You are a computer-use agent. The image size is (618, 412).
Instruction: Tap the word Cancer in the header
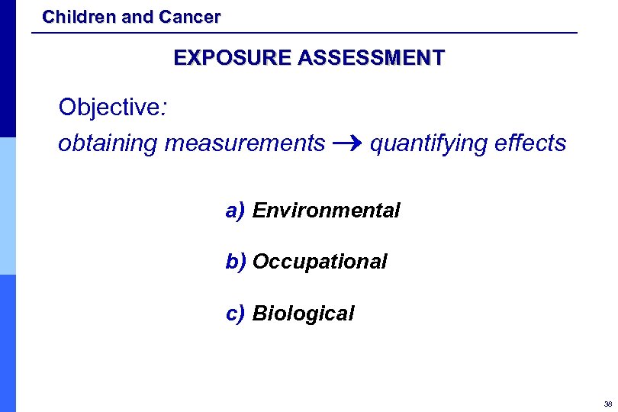[190, 16]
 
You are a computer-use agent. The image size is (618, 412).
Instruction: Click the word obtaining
[108, 143]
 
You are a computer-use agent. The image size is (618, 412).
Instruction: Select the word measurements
[245, 143]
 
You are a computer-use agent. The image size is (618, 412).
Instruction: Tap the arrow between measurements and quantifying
[347, 143]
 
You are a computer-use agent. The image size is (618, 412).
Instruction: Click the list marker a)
[234, 211]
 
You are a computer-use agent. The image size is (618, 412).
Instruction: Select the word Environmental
[326, 211]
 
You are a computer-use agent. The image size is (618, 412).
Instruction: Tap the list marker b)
[235, 262]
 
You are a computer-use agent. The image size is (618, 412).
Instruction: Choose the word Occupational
[320, 262]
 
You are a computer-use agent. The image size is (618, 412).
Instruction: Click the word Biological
[303, 314]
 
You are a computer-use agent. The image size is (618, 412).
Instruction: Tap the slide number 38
[607, 404]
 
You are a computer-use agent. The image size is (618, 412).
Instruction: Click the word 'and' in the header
[138, 16]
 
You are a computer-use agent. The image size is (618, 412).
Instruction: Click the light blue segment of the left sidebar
[8, 206]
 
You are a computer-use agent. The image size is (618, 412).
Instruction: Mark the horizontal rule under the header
[305, 33]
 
